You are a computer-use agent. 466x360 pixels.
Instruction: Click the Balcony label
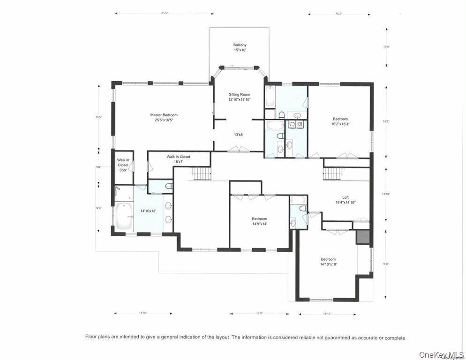[x=240, y=47]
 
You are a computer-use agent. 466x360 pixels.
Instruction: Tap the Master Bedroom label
[x=164, y=117]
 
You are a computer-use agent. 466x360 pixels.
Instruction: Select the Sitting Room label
[x=239, y=97]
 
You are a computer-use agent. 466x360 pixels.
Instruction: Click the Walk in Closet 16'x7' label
[x=178, y=159]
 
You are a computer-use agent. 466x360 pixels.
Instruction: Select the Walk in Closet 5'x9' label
[x=123, y=165]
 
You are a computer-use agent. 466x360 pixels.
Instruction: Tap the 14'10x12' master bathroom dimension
[x=148, y=211]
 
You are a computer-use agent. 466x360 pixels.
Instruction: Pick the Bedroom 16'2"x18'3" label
[x=341, y=121]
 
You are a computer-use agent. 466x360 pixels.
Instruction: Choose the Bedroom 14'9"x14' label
[x=259, y=221]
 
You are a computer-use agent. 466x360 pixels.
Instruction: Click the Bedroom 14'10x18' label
[x=328, y=262]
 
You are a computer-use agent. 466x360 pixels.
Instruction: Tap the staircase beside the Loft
[x=334, y=173]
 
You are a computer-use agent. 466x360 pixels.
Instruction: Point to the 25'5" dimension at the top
[x=164, y=13]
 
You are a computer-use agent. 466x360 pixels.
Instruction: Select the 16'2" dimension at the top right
[x=338, y=14]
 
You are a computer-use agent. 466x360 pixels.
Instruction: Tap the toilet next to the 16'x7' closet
[x=169, y=186]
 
